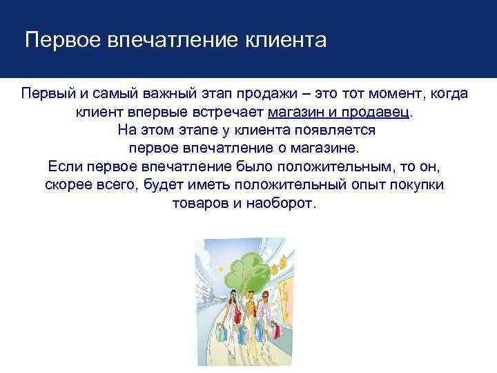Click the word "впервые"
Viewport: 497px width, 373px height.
coord(163,111)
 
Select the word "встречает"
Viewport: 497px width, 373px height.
coord(229,111)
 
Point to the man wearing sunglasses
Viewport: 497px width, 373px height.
coord(264,307)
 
